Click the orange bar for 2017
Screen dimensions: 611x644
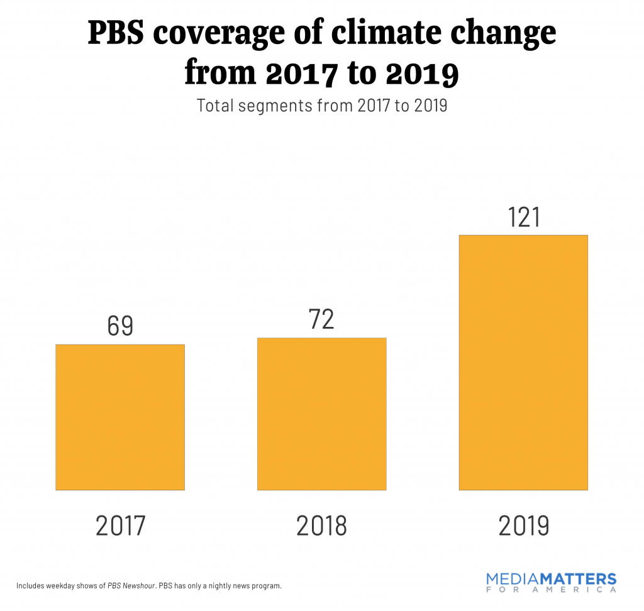[120, 417]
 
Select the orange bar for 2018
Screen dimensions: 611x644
[321, 414]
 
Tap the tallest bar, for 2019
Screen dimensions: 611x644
[523, 362]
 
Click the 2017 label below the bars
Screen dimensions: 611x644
[120, 526]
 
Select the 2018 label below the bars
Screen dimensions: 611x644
[321, 526]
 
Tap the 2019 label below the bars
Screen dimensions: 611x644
[523, 526]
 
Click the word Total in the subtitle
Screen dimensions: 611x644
[215, 105]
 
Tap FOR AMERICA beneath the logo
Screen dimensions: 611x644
[552, 590]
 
